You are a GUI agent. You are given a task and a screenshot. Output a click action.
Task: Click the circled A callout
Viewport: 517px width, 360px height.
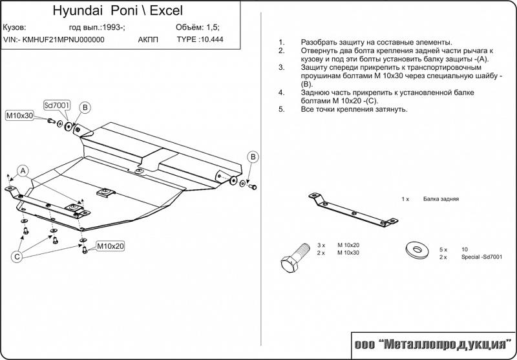tap(23, 171)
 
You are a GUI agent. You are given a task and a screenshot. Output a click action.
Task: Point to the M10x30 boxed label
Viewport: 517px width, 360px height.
tap(19, 116)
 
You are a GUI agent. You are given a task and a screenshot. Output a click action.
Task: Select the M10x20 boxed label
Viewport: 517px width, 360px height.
tap(111, 246)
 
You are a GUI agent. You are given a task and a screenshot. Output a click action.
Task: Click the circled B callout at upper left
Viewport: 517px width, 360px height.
tap(85, 107)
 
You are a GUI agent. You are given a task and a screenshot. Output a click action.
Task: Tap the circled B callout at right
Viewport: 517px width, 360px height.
tap(254, 157)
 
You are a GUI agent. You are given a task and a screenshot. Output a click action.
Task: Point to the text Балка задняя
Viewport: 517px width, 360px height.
tap(441, 199)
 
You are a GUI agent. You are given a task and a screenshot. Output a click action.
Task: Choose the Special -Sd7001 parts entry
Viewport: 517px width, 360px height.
tap(481, 257)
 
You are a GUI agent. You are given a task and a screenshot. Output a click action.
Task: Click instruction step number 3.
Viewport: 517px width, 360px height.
tap(281, 67)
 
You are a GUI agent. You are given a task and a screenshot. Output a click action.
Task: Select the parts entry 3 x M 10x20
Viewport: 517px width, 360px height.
tap(339, 246)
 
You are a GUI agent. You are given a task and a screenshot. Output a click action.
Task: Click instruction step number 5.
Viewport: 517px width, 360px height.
tap(281, 109)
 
